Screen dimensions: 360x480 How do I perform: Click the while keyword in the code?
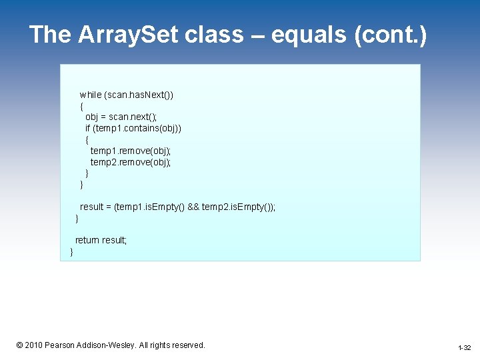tap(91, 95)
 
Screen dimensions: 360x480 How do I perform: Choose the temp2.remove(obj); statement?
tap(131, 162)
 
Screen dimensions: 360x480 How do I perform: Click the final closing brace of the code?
tap(71, 251)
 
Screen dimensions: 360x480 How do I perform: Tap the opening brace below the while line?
tap(81, 105)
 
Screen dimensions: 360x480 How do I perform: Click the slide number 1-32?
tap(464, 348)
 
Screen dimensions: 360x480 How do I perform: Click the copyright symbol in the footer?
tap(20, 345)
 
